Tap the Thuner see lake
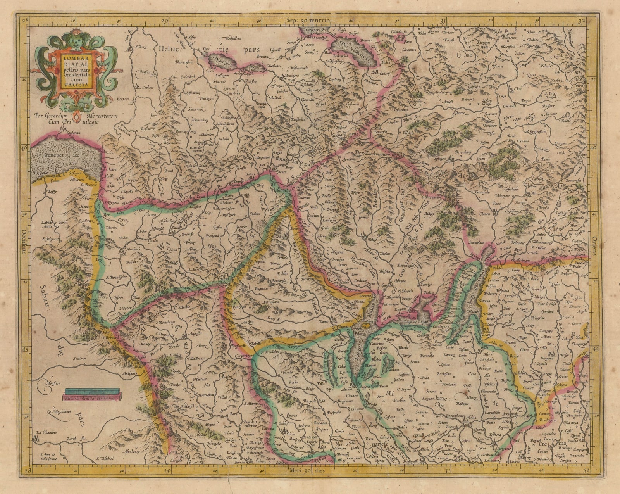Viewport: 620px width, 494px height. (x=220, y=60)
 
